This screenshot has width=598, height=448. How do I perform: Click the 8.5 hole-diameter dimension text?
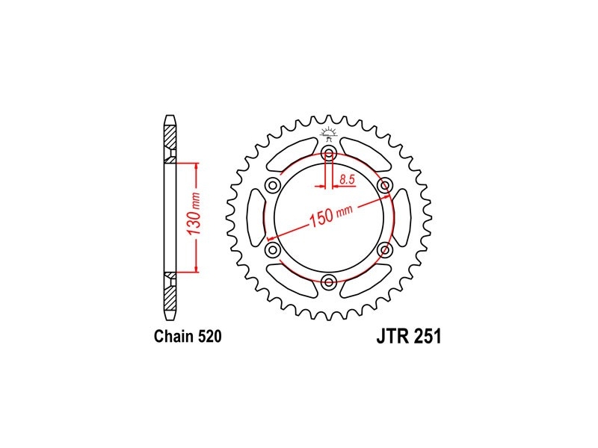pyautogui.click(x=348, y=179)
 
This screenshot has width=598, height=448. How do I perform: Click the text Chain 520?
pyautogui.click(x=188, y=337)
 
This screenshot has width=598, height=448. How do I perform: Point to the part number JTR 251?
pyautogui.click(x=409, y=337)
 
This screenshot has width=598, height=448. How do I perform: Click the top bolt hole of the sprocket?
pyautogui.click(x=329, y=155)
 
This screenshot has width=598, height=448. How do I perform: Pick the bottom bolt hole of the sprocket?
pyautogui.click(x=329, y=282)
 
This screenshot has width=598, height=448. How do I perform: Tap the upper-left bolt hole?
pyautogui.click(x=273, y=186)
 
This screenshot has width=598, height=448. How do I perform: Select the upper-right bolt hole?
pyautogui.click(x=384, y=186)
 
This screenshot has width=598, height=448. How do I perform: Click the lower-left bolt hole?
pyautogui.click(x=273, y=250)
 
